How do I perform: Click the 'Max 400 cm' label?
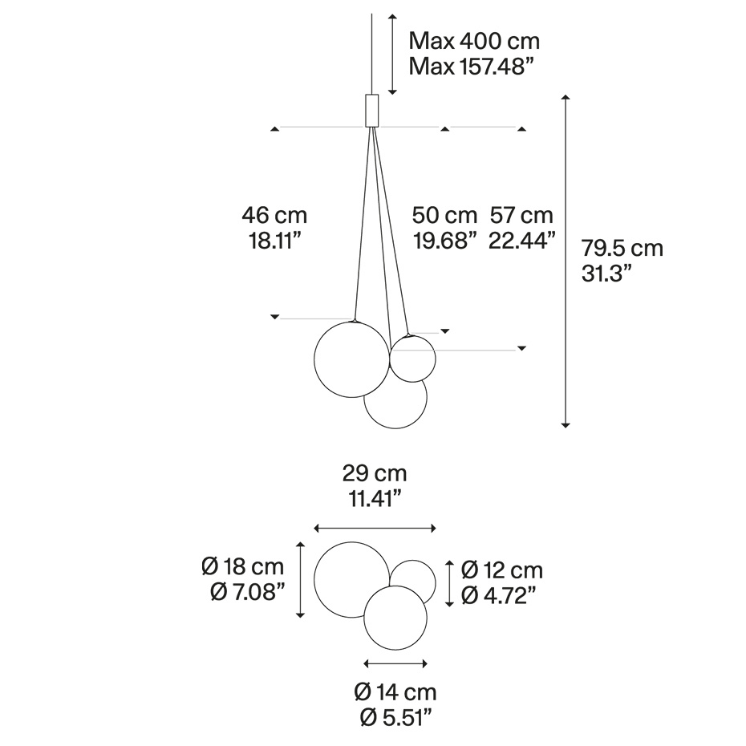[474, 41]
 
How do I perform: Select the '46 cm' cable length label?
[274, 215]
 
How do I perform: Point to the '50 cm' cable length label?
[444, 215]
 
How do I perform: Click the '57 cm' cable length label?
[521, 215]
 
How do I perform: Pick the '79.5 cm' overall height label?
[622, 249]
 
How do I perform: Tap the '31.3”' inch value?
[606, 274]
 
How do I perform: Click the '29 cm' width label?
[375, 473]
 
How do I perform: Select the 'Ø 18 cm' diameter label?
[242, 566]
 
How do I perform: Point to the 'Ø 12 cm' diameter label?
[502, 570]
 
